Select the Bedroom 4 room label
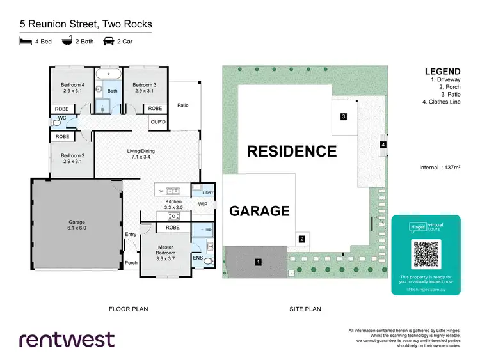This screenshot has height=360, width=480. click(73, 88)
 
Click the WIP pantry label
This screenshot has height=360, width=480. click(203, 204)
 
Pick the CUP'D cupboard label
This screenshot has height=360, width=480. click(158, 121)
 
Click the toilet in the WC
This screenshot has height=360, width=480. click(57, 122)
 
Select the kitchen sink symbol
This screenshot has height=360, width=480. click(173, 191)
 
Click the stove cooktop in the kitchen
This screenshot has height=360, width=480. click(172, 215)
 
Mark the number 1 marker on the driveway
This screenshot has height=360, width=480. click(258, 262)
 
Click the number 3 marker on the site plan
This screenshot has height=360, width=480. click(344, 116)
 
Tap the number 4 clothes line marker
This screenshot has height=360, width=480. click(383, 145)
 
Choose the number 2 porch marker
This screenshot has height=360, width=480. click(301, 240)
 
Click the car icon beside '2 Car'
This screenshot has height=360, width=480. click(109, 42)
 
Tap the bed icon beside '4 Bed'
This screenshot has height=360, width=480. click(26, 42)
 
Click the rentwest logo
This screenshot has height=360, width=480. click(67, 339)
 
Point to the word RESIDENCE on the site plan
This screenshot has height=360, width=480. click(292, 152)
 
